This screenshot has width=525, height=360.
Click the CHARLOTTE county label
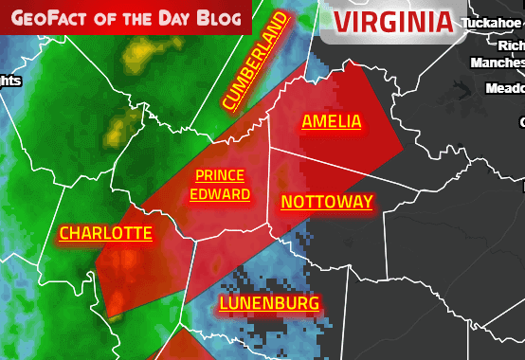[x=105, y=233]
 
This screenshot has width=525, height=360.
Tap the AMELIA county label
[x=331, y=121]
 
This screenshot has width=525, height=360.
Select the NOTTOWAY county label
[x=327, y=202]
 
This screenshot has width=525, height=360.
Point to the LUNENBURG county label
[x=268, y=304]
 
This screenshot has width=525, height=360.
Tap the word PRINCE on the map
[x=220, y=176]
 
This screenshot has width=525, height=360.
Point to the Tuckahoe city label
[x=493, y=22]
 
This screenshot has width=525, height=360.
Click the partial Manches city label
[x=498, y=63]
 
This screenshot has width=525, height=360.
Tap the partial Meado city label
[x=504, y=88]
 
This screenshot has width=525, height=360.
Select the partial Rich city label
[x=511, y=45]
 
